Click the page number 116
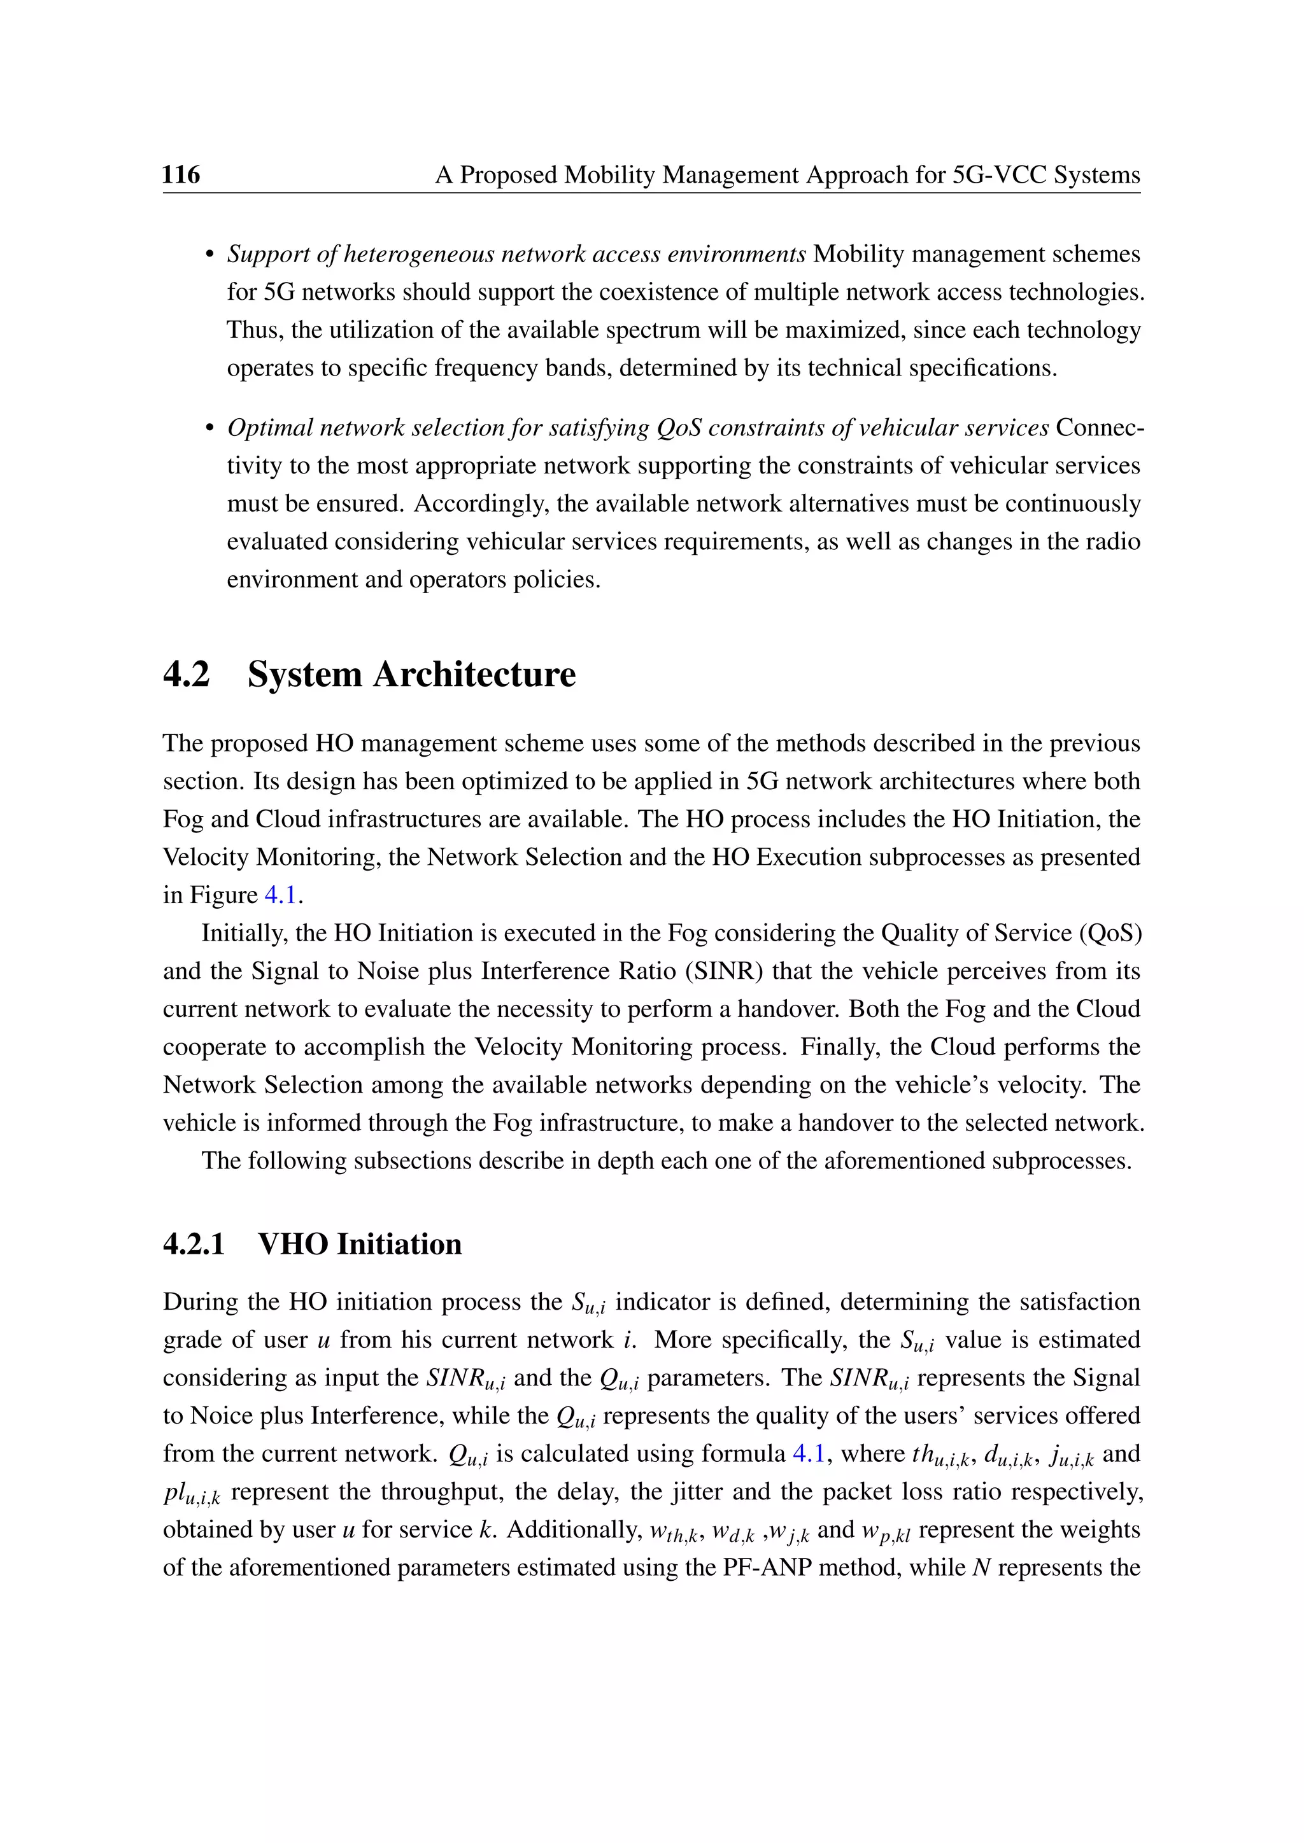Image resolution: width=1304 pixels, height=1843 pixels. [x=181, y=174]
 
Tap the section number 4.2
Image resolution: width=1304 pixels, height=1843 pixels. [x=187, y=673]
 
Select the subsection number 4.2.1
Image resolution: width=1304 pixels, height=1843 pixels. [x=194, y=1244]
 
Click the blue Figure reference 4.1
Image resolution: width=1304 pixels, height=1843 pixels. [x=280, y=895]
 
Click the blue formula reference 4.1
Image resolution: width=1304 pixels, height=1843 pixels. [x=809, y=1454]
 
